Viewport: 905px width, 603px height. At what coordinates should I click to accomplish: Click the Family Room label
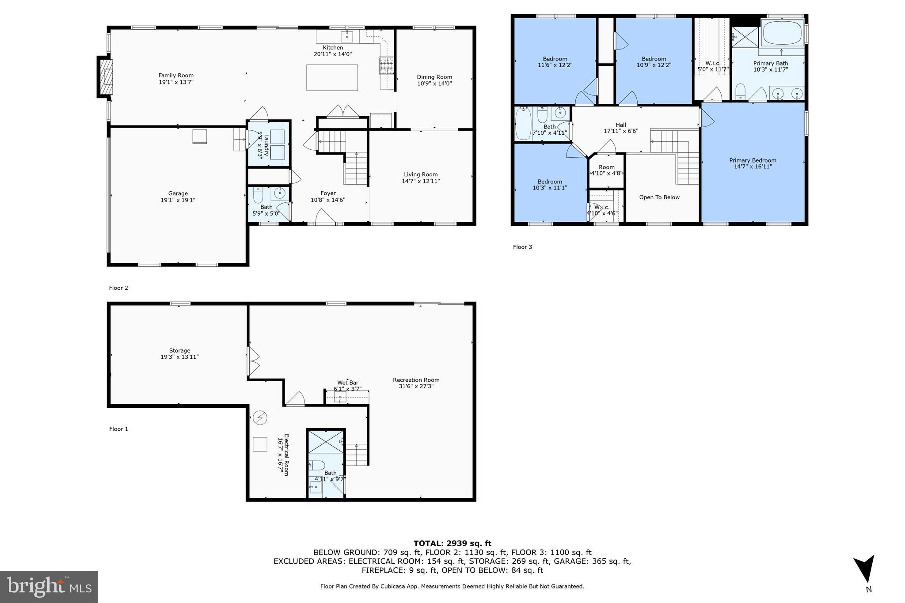coord(176,76)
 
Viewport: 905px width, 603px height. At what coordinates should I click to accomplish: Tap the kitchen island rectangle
coord(332,77)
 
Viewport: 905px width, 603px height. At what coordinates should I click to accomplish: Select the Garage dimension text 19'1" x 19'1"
coord(178,200)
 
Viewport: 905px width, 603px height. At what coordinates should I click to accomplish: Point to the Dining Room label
coord(434,77)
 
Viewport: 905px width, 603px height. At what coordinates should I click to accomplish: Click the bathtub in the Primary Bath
coord(783,33)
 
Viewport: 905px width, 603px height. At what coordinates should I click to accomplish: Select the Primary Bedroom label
coord(753,160)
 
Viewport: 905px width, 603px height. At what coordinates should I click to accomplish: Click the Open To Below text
coord(659,197)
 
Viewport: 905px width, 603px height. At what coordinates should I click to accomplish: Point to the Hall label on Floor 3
coord(620,125)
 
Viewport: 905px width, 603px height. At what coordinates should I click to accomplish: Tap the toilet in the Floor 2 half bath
coord(258,195)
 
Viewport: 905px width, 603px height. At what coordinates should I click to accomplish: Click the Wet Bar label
coord(347,383)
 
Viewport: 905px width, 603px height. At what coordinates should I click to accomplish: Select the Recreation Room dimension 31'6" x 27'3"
coord(416,386)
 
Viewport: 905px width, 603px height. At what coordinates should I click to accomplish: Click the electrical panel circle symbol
coord(260,417)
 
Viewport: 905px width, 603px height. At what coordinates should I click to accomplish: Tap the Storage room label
coord(179,351)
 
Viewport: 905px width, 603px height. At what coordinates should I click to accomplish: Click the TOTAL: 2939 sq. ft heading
coord(452,543)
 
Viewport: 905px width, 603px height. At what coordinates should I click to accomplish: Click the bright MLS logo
coord(49,587)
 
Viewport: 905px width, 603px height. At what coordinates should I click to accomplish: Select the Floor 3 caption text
coord(522,247)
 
